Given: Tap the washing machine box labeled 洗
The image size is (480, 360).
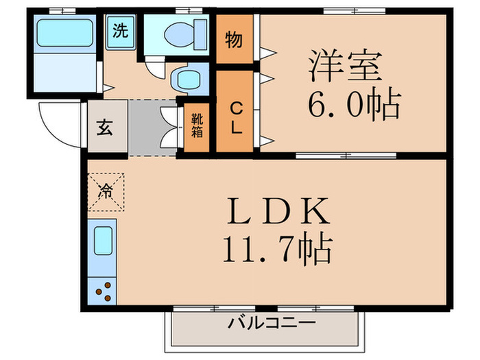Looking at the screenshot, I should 120,31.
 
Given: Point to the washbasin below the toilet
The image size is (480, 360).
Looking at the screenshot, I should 187,80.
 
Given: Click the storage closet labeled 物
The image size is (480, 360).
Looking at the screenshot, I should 234,40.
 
